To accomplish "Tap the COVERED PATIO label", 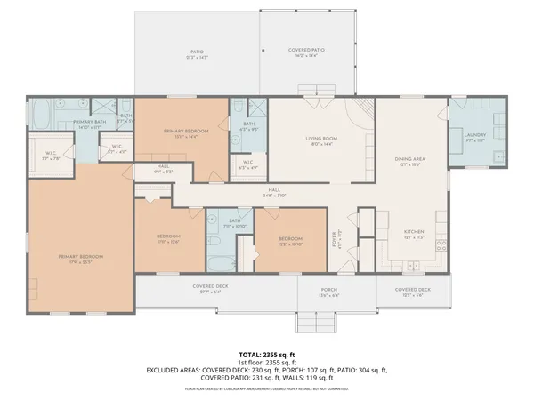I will [305, 52].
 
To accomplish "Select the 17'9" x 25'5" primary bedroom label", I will [81, 259].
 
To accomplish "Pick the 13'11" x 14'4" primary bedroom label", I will [180, 134].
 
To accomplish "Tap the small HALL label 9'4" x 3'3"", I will [164, 169].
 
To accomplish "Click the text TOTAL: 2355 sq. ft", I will [267, 354].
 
